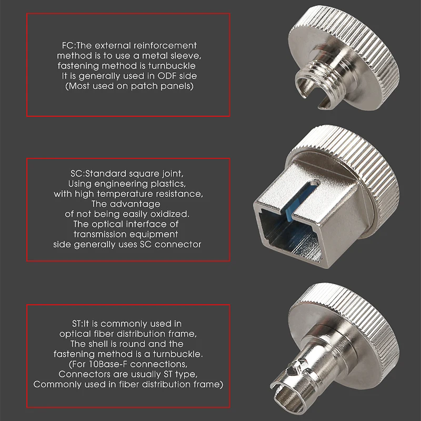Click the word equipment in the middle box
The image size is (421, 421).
click(153, 234)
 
